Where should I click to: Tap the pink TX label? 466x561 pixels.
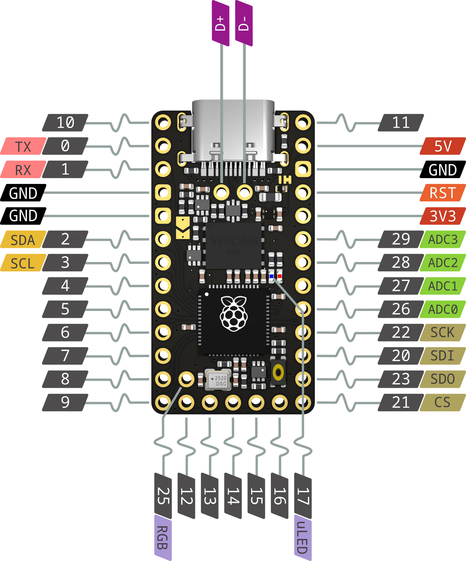coord(23,146)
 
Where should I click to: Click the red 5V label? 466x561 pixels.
coord(443,146)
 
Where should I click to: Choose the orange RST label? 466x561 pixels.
coord(442,193)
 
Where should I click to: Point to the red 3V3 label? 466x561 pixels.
coord(442,216)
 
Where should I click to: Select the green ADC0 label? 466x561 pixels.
coord(442,309)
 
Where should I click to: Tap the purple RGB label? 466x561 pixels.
coord(163,537)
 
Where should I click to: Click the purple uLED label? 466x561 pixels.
coord(302,537)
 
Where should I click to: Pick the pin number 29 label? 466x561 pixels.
coord(401,239)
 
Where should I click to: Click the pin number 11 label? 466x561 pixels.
coord(401,123)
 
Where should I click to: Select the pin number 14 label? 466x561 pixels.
coord(233,496)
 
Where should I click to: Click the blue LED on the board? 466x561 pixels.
coord(271,276)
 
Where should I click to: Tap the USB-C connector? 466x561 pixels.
coord(233,132)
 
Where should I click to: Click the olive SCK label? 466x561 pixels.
coord(442,332)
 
